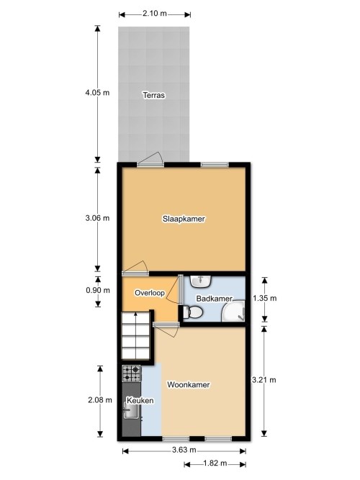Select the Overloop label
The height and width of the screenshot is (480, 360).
coord(150,293)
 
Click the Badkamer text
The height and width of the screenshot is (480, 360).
coord(214,298)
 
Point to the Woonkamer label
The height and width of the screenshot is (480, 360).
coord(189,385)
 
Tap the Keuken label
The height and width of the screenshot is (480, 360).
coord(138,399)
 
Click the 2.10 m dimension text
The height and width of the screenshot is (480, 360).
coord(155,13)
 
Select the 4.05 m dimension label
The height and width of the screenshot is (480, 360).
coord(97,93)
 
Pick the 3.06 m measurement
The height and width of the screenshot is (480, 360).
coord(97,218)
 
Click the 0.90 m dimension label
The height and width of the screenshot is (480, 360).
coord(97,291)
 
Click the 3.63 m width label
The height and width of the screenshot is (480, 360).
coord(184,450)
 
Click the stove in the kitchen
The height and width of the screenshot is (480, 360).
coord(131,373)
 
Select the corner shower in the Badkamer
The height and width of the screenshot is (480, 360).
coord(234,311)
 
